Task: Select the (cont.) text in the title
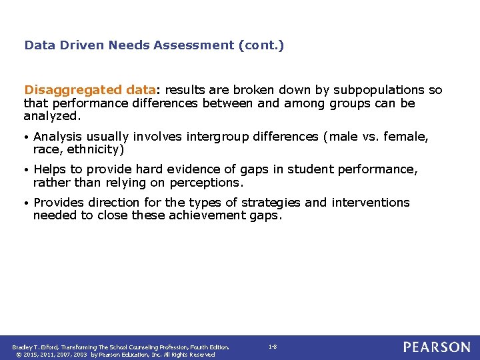coord(260,46)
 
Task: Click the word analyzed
coord(52,116)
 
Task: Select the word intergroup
coord(217,137)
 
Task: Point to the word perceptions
coord(205,182)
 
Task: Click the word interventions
coord(371,202)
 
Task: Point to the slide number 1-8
coord(272,347)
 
